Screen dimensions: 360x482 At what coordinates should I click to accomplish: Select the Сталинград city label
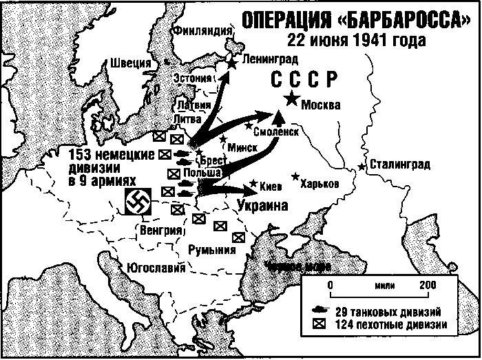399,165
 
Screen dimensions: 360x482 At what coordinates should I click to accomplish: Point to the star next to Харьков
296,177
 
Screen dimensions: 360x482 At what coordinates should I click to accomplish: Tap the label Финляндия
202,31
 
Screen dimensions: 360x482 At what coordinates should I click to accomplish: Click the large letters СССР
304,80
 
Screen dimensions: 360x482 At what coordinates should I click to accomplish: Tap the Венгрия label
160,229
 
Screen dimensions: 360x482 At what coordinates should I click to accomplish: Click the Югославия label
152,267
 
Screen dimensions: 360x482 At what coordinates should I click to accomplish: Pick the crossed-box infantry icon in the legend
323,324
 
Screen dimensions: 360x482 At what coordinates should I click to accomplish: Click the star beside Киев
253,184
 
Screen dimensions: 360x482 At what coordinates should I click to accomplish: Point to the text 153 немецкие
111,153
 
